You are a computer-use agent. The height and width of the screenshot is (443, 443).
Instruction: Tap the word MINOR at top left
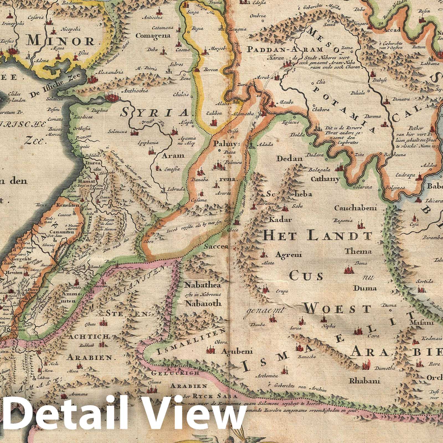click(64, 41)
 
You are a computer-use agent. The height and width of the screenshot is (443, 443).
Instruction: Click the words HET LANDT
click(317, 236)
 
